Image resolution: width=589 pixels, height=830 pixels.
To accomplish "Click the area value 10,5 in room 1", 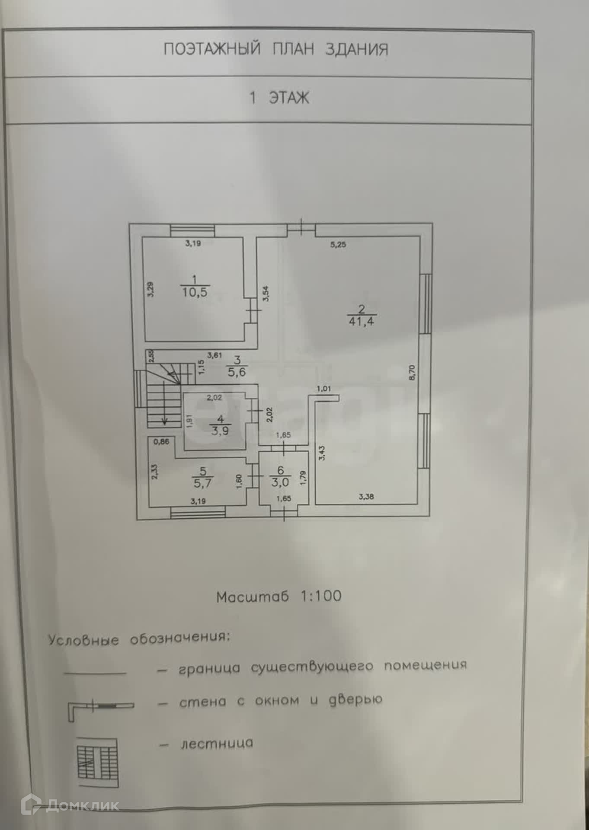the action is coord(194,292).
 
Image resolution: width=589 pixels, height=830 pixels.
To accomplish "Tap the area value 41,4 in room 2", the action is coord(361,321).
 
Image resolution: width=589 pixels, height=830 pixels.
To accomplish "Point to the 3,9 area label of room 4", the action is coord(220,431).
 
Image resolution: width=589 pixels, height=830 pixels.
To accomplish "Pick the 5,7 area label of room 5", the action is coord(202,483).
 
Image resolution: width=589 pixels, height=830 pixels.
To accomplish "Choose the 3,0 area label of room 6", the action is coord(280,482).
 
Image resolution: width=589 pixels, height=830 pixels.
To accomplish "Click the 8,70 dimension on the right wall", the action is coord(411,372).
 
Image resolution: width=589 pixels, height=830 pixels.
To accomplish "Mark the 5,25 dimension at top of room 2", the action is coord(338,245).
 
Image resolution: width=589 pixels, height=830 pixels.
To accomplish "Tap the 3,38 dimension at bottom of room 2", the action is coord(366,497).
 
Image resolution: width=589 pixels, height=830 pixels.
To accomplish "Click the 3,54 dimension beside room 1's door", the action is coord(266,294).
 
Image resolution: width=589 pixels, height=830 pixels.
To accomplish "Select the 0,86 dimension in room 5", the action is coord(161,441).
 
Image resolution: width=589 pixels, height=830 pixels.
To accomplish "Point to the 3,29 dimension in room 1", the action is coord(150,289).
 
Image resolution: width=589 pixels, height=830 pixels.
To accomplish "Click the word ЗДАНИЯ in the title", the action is coord(357,49).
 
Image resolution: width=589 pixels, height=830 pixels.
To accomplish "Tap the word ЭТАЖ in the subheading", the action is coord(289,98).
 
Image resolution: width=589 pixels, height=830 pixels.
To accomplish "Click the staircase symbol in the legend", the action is coord(97,763).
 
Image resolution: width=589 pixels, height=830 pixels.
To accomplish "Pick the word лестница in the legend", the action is coord(217,744).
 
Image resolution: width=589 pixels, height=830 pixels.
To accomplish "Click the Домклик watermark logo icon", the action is coord(31,805).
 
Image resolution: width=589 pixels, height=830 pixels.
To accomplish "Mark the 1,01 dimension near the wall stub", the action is coord(324,389).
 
